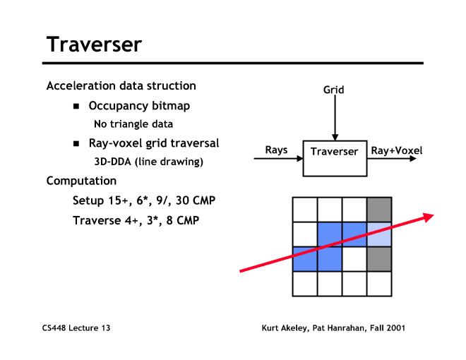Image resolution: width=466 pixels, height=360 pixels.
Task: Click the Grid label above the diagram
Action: point(335,90)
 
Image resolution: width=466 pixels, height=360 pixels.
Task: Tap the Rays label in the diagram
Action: point(275,150)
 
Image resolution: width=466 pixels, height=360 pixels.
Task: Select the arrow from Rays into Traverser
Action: point(277,158)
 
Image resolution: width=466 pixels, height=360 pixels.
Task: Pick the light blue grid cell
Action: point(379,233)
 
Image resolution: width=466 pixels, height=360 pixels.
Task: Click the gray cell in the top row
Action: point(379,209)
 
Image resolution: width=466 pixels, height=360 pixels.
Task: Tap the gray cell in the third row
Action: point(379,258)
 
